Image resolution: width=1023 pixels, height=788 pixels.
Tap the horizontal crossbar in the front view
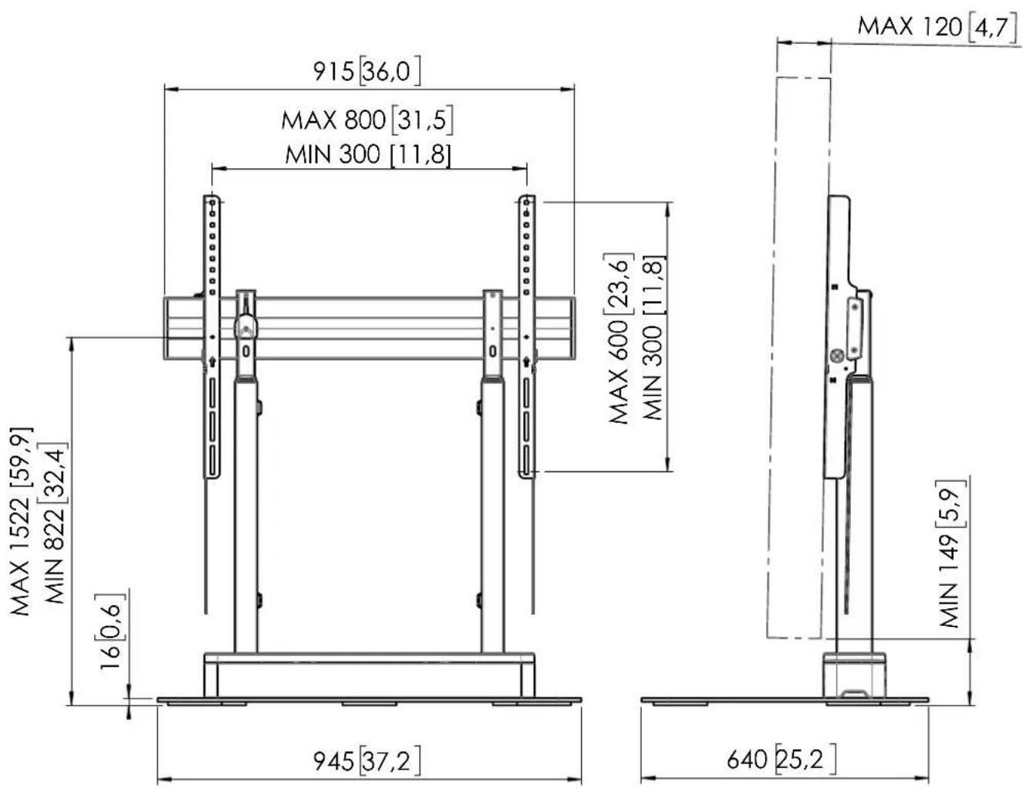click(x=370, y=328)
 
